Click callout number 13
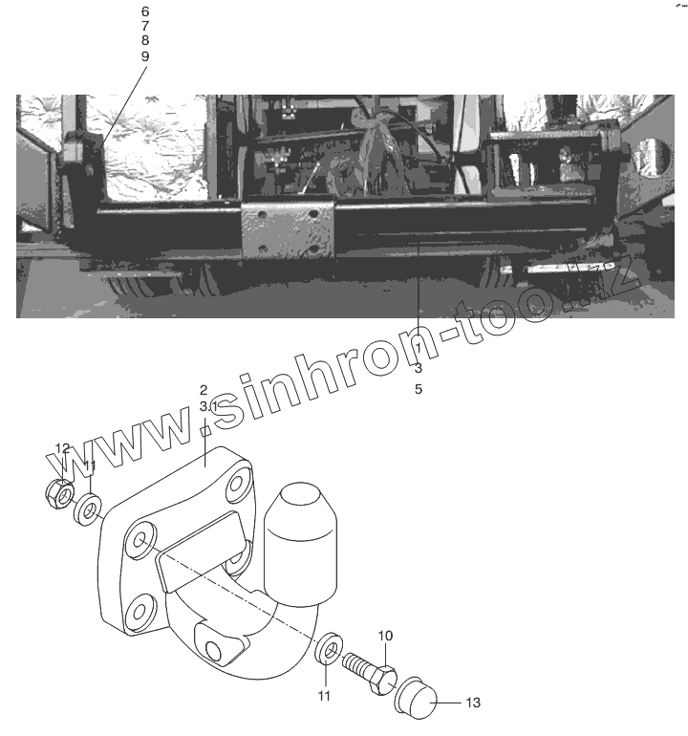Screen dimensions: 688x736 [473, 703]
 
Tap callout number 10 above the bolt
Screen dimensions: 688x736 [385, 636]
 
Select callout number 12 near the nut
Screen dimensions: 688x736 [62, 448]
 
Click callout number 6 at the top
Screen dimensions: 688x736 [145, 11]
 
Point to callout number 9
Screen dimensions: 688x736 [145, 56]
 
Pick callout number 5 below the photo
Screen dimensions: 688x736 [419, 389]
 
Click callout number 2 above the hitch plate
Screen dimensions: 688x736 [204, 390]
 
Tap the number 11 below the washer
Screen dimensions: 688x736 [324, 696]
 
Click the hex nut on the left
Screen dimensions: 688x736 [59, 494]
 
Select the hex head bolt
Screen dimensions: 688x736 [370, 673]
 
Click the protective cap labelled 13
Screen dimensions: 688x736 [417, 699]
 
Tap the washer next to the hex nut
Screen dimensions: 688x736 [88, 509]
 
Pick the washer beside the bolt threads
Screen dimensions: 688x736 [329, 650]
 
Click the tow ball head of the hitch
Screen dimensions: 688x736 [301, 541]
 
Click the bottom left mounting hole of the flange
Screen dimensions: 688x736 [139, 612]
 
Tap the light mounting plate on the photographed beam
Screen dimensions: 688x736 [288, 230]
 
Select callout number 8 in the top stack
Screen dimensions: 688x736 [145, 40]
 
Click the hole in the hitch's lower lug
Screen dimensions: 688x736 [213, 651]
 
